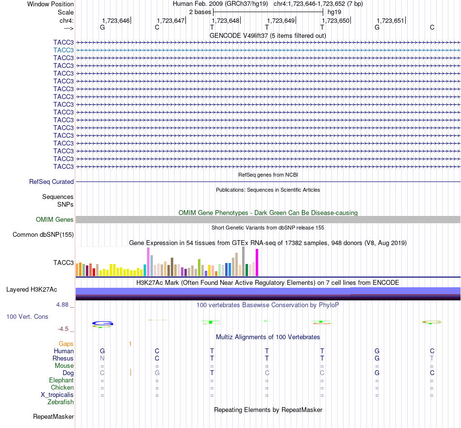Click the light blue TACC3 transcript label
pyautogui.click(x=64, y=50)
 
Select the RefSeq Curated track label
pyautogui.click(x=51, y=181)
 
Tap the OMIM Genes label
pyautogui.click(x=55, y=220)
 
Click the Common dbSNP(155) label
pyautogui.click(x=43, y=234)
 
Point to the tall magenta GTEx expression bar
pyautogui.click(x=257, y=263)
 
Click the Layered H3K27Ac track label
pyautogui.click(x=32, y=290)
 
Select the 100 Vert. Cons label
pyautogui.click(x=27, y=316)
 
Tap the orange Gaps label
pyautogui.click(x=66, y=344)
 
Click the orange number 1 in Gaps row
pyautogui.click(x=130, y=344)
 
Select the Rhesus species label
pyautogui.click(x=63, y=358)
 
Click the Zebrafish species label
pyautogui.click(x=61, y=402)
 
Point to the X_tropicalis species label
pyautogui.click(x=57, y=395)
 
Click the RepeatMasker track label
pyautogui.click(x=53, y=416)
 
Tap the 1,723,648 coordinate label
pyautogui.click(x=226, y=20)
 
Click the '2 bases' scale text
pyautogui.click(x=200, y=12)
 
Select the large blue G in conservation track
pyautogui.click(x=102, y=323)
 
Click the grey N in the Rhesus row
pyautogui.click(x=102, y=358)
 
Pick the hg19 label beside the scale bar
pyautogui.click(x=334, y=12)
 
